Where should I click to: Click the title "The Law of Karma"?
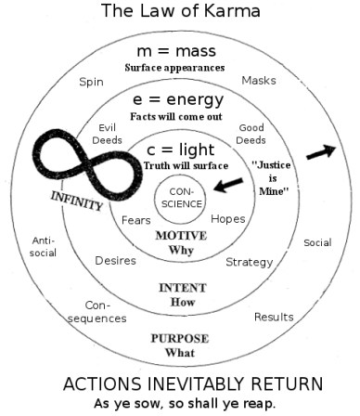[x=180, y=12]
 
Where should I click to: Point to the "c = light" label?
[x=181, y=149]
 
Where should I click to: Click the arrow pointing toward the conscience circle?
[x=226, y=186]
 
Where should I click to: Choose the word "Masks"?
[x=259, y=81]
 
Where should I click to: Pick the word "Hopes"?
[x=228, y=219]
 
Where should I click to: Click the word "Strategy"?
[x=249, y=261]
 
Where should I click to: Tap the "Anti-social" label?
[x=43, y=245]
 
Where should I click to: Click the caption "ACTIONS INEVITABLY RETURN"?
[x=180, y=383]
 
